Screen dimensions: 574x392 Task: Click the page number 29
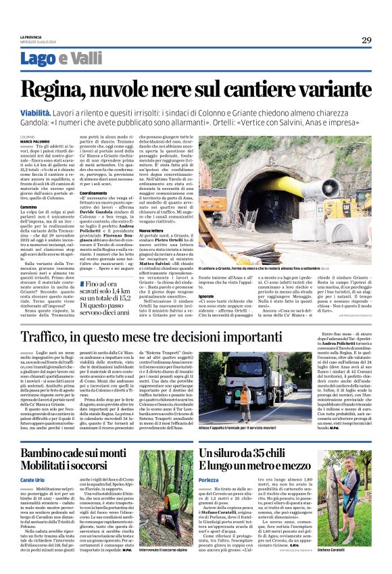(x=366, y=40)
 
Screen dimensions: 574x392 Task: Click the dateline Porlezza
(x=211, y=479)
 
